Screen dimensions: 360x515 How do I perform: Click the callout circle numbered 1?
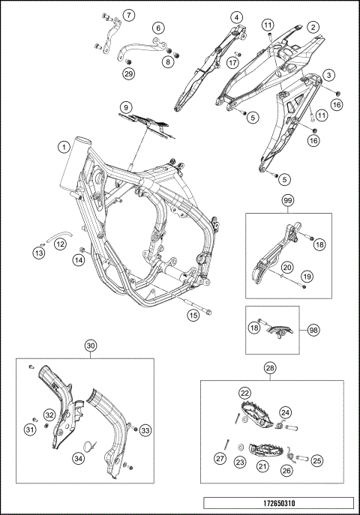[64, 147]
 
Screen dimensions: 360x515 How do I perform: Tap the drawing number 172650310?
[279, 503]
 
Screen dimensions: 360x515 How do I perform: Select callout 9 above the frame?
[126, 107]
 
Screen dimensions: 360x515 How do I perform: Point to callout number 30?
[91, 346]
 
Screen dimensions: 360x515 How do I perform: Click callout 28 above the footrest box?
[270, 368]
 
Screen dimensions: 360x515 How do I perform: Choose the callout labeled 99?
[287, 200]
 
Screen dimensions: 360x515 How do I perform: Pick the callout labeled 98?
[313, 330]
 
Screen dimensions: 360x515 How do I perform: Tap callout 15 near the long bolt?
[193, 316]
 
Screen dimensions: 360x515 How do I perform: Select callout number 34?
[79, 459]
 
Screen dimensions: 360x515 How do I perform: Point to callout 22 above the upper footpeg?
[245, 393]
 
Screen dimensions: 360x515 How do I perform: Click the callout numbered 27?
[220, 459]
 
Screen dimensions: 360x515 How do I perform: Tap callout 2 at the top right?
[313, 27]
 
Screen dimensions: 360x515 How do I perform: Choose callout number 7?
[129, 15]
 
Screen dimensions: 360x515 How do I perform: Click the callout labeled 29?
[129, 73]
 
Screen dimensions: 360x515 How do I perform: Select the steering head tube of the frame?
[76, 163]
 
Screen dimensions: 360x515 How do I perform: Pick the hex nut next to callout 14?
[83, 250]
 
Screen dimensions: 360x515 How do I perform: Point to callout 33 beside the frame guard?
[145, 430]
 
